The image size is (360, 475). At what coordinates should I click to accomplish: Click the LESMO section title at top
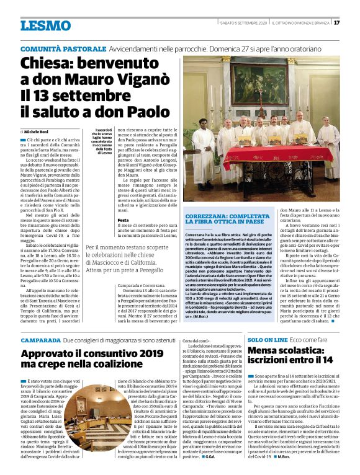[45, 25]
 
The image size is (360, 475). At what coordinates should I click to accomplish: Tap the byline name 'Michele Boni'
[38, 132]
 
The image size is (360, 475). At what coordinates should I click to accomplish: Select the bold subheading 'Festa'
[123, 220]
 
